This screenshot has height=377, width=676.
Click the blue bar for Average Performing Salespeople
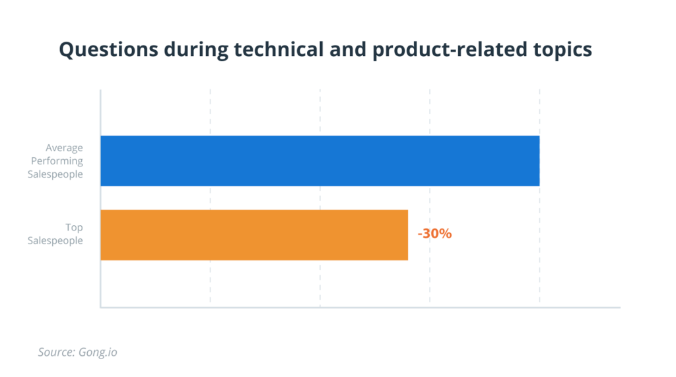[320, 161]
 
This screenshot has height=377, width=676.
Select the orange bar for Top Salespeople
[254, 235]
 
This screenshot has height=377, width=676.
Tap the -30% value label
[434, 233]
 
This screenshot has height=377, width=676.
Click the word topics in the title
[561, 50]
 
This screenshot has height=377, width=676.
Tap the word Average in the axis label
[64, 148]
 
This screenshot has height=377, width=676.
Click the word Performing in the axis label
[60, 161]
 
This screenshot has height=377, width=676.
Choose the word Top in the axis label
[74, 228]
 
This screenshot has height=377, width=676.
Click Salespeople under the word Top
[55, 241]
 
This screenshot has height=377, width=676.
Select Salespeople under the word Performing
[55, 174]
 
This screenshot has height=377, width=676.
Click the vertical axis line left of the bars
[100, 198]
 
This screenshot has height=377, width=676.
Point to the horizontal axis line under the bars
[360, 307]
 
